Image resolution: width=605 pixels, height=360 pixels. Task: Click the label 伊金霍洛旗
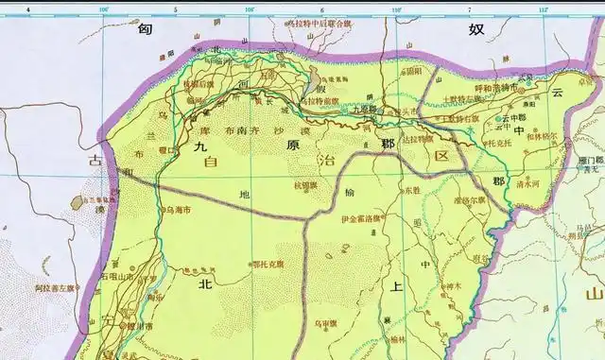[337, 223]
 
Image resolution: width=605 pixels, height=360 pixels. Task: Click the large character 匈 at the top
[144, 30]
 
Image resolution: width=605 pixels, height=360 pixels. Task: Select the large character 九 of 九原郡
[199, 147]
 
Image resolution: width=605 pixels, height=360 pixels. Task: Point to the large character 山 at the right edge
[594, 295]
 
